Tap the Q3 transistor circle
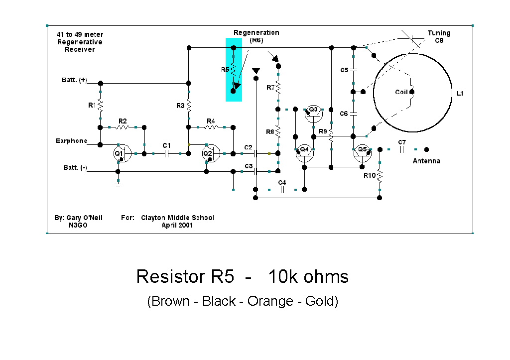coord(313,114)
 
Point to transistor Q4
coord(304,153)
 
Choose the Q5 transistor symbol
coord(363,153)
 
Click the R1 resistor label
coord(92,105)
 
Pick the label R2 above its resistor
coord(122,121)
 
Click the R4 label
coord(211,121)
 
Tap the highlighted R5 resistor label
coord(225,70)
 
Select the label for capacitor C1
coord(166,145)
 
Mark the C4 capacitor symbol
coord(282,189)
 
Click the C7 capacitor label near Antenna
coord(402,142)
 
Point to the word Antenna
coord(426,161)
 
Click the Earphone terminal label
coord(71,141)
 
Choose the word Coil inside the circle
coord(401,92)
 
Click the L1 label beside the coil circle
coord(460,93)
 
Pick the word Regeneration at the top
coord(256,32)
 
